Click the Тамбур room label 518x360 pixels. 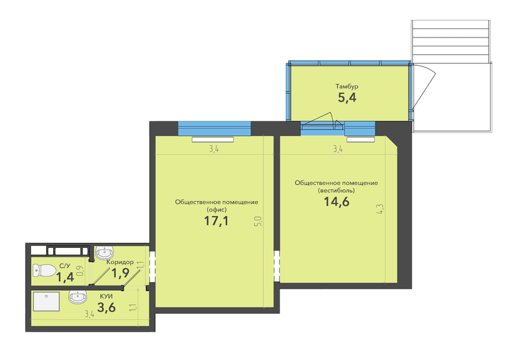347,86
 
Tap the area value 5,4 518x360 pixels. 347,98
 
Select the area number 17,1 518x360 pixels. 216,220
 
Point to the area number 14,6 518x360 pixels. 337,202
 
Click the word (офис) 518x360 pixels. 216,210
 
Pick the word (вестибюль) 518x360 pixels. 337,190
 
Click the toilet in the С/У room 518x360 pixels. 44,270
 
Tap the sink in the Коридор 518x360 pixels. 104,253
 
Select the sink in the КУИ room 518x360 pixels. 78,297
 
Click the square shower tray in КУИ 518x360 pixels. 46,302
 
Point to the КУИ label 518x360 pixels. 106,297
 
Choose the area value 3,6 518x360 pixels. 106,308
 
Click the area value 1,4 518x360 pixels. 65,277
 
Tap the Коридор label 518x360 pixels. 120,262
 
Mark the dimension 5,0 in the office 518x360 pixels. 258,221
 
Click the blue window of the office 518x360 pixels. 215,128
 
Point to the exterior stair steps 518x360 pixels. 450,41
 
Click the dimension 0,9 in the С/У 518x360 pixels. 80,271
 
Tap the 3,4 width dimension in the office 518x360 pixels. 214,149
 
